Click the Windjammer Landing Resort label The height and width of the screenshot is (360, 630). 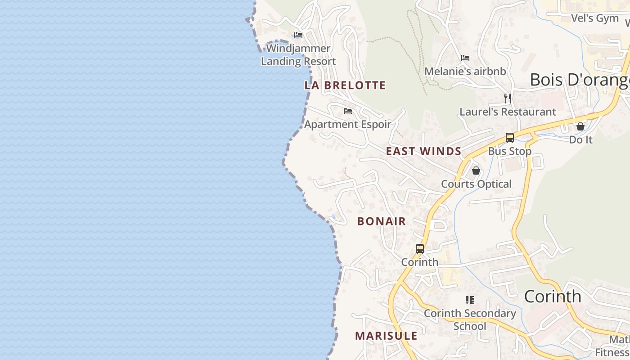pos(298,55)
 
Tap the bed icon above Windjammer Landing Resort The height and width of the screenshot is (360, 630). pos(298,35)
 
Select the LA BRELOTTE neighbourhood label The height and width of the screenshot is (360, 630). pos(345,85)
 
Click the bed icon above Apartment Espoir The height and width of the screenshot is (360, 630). pos(347,111)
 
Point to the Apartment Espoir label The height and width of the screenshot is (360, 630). pos(348,124)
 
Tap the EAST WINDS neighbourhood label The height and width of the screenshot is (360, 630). pos(423,151)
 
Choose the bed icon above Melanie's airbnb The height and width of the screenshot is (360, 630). pos(465,58)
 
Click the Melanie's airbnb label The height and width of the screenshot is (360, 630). pos(465,71)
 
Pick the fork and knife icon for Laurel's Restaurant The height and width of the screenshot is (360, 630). pos(508,98)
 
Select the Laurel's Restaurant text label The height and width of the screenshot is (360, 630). pos(508,112)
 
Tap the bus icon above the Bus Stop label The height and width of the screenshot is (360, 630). pos(509,138)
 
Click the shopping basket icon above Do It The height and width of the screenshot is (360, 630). pos(580,126)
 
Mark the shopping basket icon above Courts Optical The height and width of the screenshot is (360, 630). pos(476,171)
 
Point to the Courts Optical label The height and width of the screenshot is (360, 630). pos(476,184)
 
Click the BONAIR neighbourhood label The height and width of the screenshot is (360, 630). pos(382,221)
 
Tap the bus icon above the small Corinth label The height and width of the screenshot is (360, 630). pos(419,248)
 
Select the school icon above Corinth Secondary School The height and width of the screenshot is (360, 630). pos(470,300)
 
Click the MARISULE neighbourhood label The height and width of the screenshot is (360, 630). pos(386,336)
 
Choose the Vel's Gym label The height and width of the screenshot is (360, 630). pos(594,18)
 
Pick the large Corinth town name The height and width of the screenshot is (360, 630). pos(553,297)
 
